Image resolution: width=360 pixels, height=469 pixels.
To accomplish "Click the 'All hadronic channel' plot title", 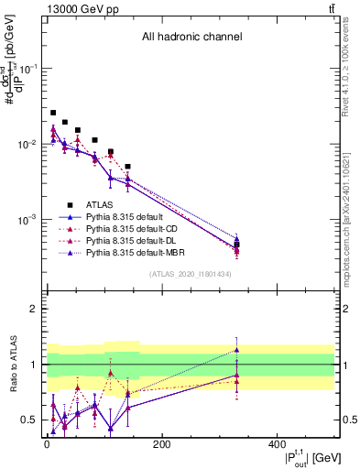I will (x=191, y=38).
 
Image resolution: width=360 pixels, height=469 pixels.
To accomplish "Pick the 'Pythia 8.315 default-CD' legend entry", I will (x=134, y=228).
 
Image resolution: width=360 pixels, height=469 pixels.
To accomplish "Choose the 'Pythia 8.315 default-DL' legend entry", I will (x=134, y=240).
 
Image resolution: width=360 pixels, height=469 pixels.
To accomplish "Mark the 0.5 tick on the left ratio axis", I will (x=31, y=420).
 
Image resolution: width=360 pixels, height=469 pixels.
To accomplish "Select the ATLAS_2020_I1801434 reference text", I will (x=190, y=274).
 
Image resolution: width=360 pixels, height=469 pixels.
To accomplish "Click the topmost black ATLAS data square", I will (x=53, y=113).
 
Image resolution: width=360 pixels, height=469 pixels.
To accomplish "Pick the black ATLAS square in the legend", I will (x=69, y=204).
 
